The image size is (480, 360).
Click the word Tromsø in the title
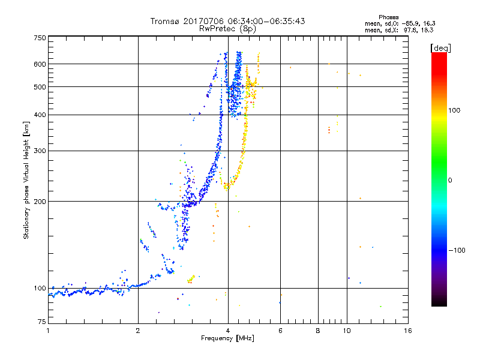(x=165, y=21)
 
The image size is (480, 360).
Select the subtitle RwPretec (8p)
(x=227, y=29)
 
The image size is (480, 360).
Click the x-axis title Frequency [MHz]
(x=227, y=338)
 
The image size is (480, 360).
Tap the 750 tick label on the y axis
(x=40, y=38)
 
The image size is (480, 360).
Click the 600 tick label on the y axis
(x=40, y=64)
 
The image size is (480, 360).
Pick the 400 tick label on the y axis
(x=40, y=115)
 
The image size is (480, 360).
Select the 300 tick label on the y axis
(x=40, y=151)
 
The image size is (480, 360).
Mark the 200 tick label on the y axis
(x=40, y=202)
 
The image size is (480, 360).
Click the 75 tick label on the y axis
(x=42, y=322)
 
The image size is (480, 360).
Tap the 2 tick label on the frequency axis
(x=138, y=331)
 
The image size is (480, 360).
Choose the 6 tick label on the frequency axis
(x=280, y=331)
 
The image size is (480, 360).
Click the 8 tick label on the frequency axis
(x=318, y=331)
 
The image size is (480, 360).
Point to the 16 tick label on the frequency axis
(x=408, y=331)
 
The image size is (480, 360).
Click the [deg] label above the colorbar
(x=440, y=48)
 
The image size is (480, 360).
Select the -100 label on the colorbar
(x=457, y=250)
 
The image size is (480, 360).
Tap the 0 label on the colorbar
(x=450, y=181)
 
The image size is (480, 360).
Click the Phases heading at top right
(x=389, y=17)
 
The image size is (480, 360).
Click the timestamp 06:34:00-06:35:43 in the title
(x=266, y=21)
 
